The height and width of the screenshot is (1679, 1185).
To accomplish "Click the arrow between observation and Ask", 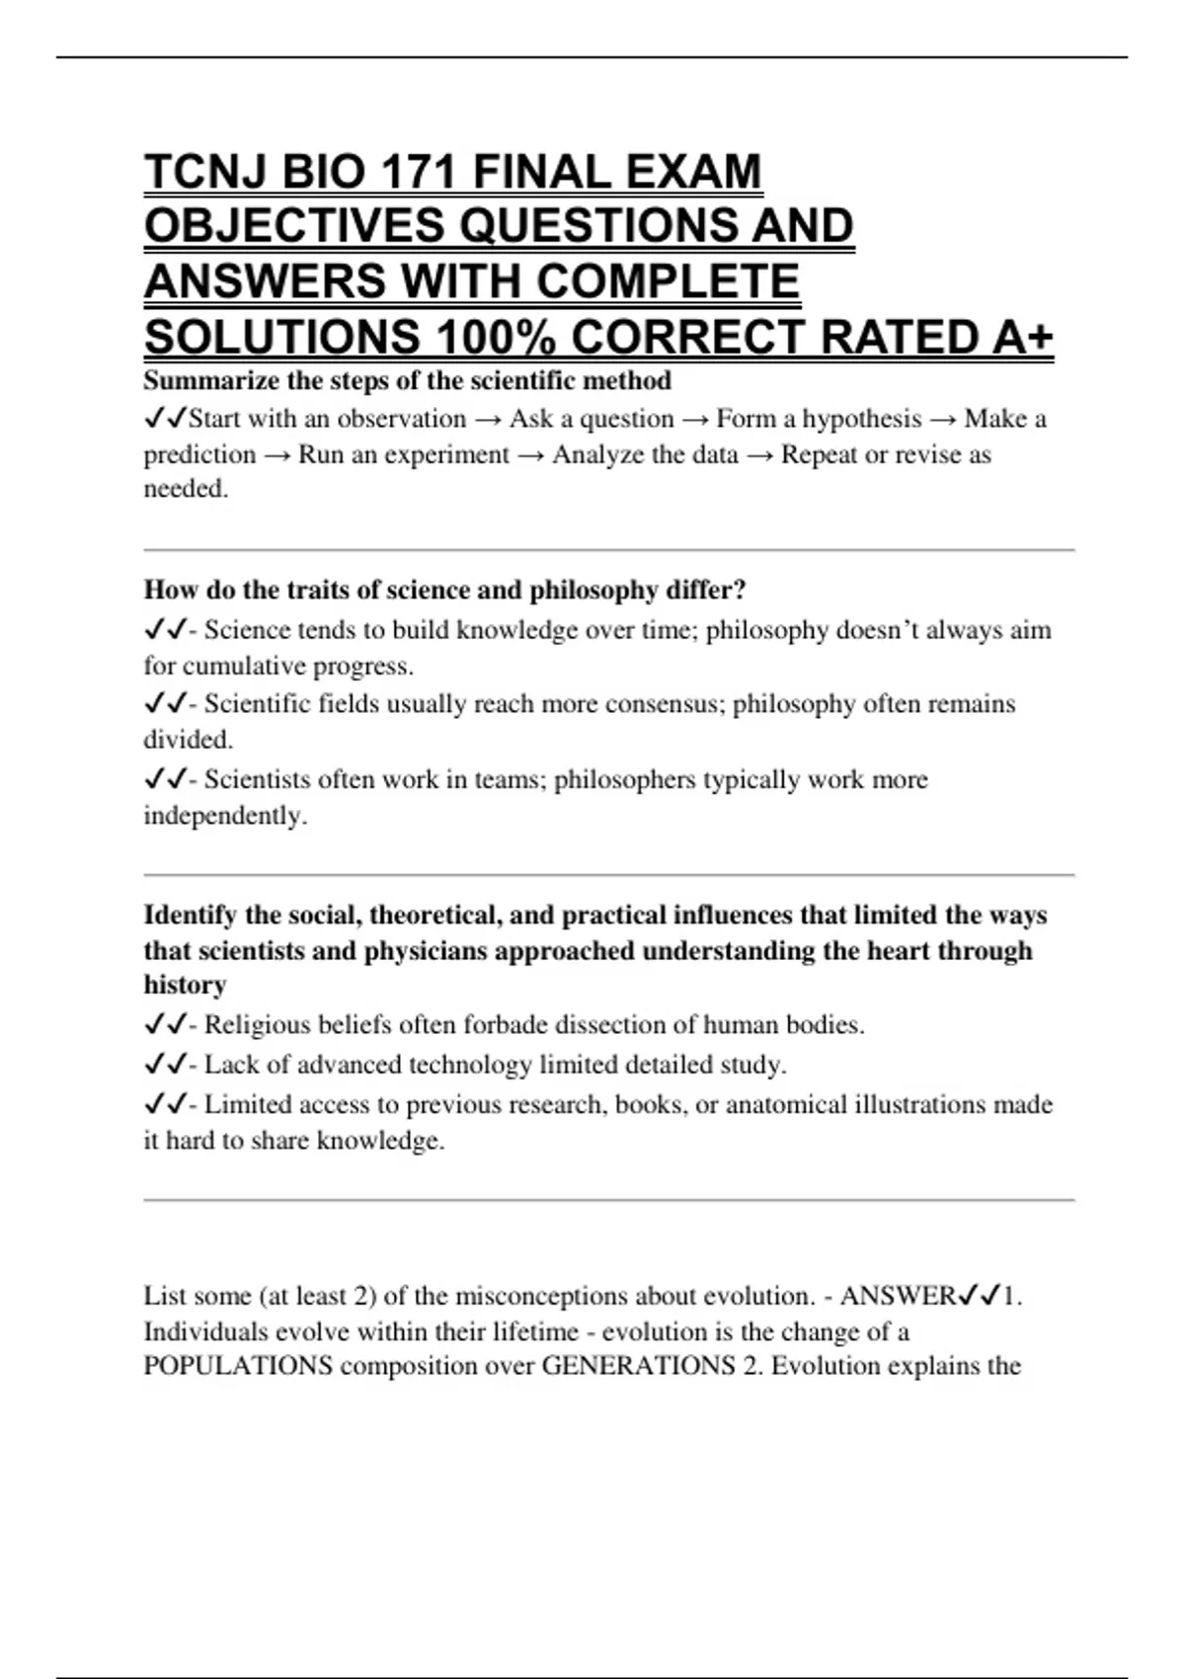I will [488, 419].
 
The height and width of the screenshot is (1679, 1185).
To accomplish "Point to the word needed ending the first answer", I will [184, 489].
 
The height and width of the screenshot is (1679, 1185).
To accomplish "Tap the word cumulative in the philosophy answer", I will [244, 666].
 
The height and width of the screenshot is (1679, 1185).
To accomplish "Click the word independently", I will [224, 816].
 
